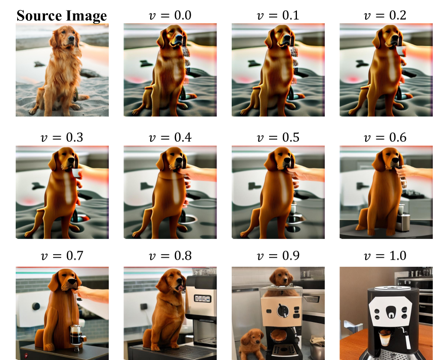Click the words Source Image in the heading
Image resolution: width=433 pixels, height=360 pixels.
(62, 16)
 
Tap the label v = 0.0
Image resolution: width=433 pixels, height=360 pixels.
(170, 15)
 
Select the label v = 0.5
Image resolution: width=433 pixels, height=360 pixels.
(278, 137)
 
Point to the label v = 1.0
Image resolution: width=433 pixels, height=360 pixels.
(386, 256)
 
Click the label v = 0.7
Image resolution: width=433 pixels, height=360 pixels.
(62, 256)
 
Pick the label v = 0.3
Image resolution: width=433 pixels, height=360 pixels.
(62, 137)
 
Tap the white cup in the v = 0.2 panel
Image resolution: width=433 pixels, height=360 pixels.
(401, 51)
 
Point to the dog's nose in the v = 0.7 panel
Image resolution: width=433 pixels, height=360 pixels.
(73, 282)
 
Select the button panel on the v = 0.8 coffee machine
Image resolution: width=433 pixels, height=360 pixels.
(203, 299)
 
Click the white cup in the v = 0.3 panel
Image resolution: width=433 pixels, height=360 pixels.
(77, 173)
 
